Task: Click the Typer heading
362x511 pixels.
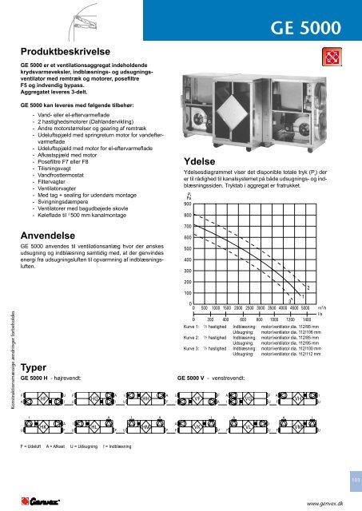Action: click(x=34, y=367)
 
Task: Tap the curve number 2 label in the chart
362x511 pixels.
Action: click(x=308, y=287)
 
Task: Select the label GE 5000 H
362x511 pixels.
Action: click(x=37, y=377)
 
